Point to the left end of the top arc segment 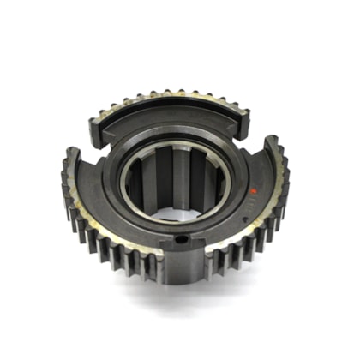[94, 129]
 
